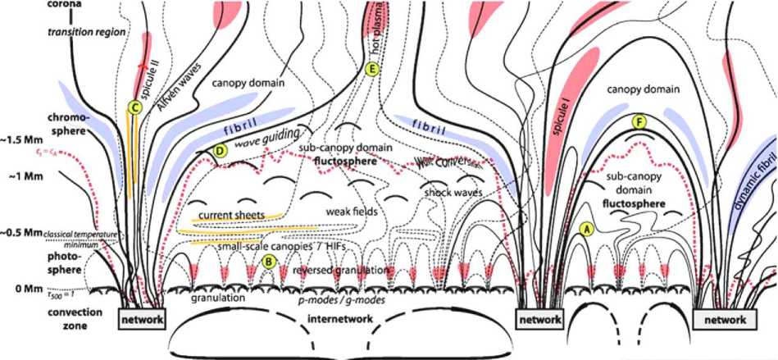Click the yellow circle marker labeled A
point(586,230)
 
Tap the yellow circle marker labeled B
point(267,262)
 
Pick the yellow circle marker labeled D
point(219,150)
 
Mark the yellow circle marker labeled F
point(639,122)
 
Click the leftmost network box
point(141,317)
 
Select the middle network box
point(539,317)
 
